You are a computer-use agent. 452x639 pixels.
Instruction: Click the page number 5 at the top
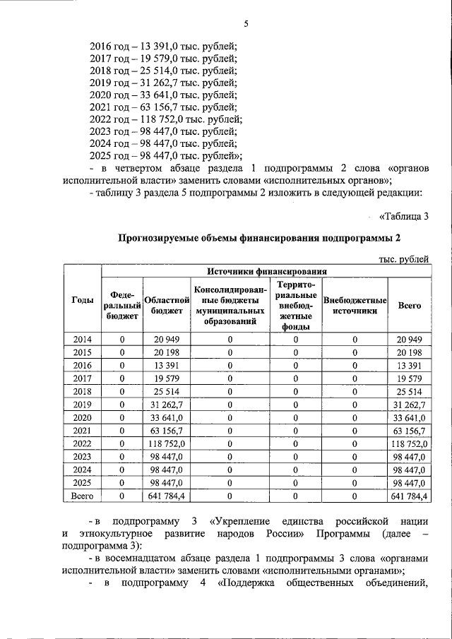point(246,24)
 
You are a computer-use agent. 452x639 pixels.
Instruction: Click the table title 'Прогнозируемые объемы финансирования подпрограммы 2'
point(263,238)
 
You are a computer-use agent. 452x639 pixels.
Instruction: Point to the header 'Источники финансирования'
point(267,270)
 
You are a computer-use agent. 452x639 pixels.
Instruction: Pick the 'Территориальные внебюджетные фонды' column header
point(296,305)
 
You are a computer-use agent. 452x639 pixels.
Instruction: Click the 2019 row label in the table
point(83,403)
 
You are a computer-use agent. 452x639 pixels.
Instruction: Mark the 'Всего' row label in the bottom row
point(83,496)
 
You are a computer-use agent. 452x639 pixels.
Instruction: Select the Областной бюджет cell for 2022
point(167,443)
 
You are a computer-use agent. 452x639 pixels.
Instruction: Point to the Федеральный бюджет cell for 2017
point(122,378)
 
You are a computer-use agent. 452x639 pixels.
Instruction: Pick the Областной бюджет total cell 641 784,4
point(167,496)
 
